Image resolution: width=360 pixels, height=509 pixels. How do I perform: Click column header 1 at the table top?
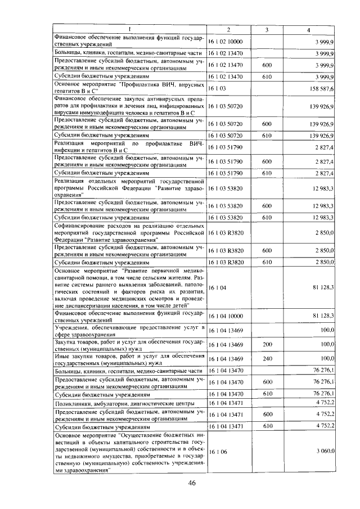pos(129,29)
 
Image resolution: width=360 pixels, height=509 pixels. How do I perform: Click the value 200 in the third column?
pos(267,343)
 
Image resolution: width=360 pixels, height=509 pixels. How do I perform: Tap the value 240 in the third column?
pos(267,359)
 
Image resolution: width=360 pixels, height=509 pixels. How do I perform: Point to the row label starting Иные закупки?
pos(129,359)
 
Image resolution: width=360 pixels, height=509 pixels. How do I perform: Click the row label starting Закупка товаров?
pos(129,343)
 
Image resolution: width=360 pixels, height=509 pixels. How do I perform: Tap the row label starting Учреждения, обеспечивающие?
pos(129,330)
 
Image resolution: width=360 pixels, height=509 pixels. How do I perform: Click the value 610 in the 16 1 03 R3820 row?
pos(267,262)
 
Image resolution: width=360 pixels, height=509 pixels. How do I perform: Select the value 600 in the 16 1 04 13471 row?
pos(267,416)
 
